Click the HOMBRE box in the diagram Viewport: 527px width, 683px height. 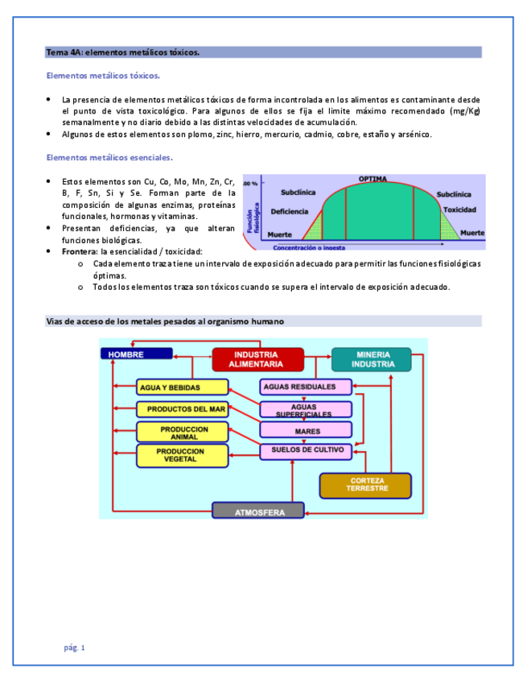[136, 354]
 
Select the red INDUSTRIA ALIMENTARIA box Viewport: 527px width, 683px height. [257, 359]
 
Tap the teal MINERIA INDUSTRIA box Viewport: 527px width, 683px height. [372, 359]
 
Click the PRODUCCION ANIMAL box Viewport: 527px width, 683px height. [183, 433]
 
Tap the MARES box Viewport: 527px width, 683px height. [307, 431]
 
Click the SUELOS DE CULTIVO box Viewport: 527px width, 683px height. [307, 450]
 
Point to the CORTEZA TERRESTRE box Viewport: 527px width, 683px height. [365, 485]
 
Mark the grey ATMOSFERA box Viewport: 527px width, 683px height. [258, 511]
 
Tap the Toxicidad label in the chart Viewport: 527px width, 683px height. [459, 209]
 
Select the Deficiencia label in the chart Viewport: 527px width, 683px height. [289, 211]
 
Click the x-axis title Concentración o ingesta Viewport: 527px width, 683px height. [319, 247]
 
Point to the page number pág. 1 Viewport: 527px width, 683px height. [74, 648]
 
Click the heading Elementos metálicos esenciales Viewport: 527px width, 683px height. [110, 157]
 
